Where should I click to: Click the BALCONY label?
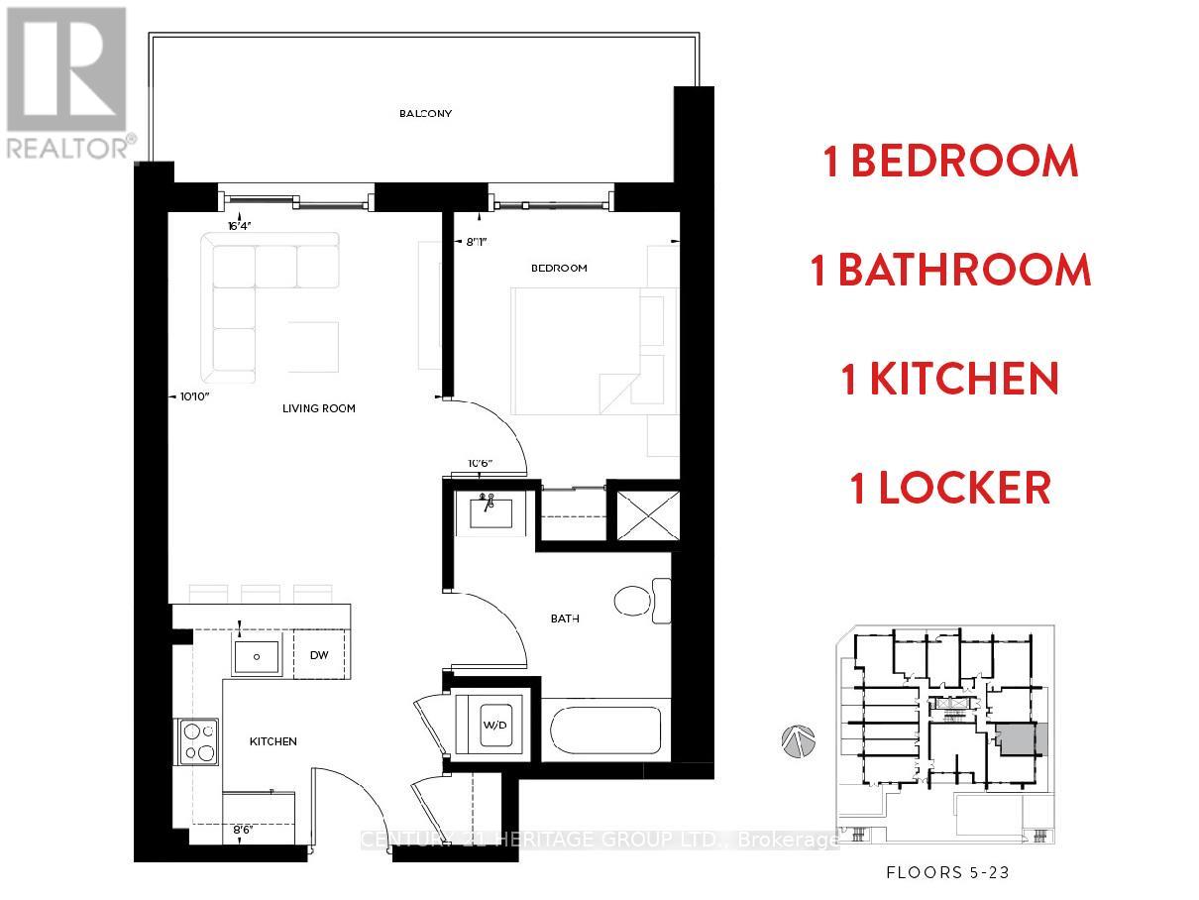click(425, 113)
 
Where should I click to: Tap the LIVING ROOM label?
click(319, 408)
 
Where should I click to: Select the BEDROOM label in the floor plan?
click(559, 268)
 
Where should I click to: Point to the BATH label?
click(565, 619)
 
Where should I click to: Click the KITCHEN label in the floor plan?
click(272, 741)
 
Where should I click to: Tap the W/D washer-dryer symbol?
click(494, 726)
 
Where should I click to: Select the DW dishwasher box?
click(319, 655)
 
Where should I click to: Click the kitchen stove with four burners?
click(199, 741)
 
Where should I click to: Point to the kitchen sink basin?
click(257, 656)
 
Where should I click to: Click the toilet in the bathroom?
click(640, 601)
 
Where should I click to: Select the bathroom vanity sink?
click(486, 513)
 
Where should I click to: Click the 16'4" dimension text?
click(241, 226)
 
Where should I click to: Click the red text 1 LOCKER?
click(949, 489)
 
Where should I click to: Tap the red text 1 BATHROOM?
click(950, 271)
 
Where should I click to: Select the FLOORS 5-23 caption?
click(946, 873)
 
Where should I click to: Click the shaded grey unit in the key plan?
click(1019, 740)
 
